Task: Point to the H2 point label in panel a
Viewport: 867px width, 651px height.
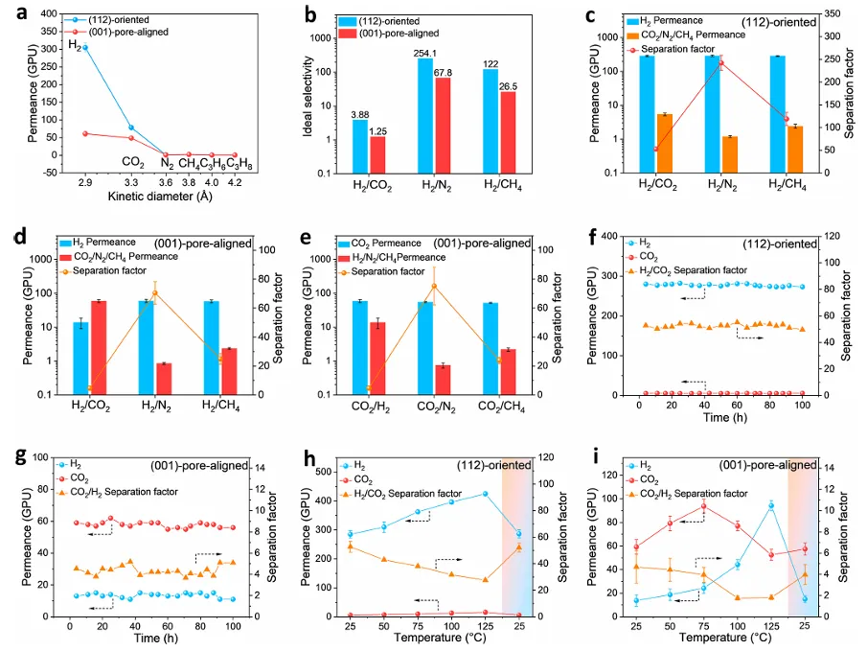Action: pyautogui.click(x=73, y=43)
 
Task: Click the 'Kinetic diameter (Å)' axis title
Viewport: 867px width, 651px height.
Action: pyautogui.click(x=155, y=197)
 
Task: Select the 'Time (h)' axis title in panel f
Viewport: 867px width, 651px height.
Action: pyautogui.click(x=720, y=418)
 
